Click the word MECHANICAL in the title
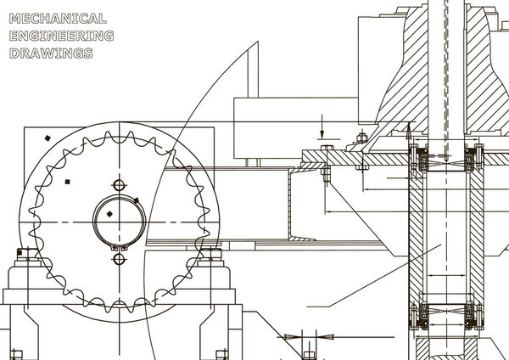[x=58, y=19]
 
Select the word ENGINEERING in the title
[x=61, y=36]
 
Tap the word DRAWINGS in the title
[x=51, y=53]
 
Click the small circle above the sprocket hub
[x=119, y=186]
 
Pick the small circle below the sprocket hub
[x=119, y=259]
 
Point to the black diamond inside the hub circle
[x=109, y=214]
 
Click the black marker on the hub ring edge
[x=137, y=200]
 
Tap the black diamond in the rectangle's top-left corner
[x=48, y=138]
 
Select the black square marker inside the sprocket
[x=68, y=182]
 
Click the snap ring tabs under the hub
[x=119, y=248]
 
